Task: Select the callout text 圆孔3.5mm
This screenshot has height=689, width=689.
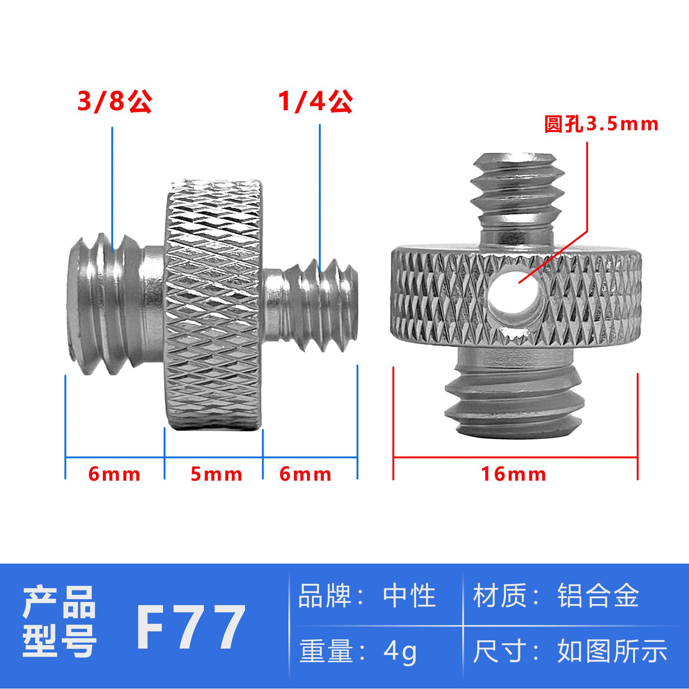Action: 601,125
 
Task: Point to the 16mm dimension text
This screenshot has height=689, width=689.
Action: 514,474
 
